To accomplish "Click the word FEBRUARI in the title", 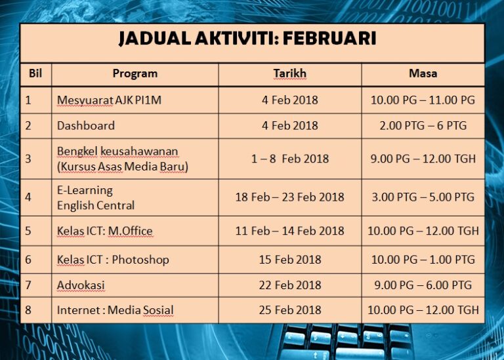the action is [329, 38].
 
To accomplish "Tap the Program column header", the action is [135, 74].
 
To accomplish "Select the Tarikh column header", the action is [290, 73].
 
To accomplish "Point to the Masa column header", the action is [423, 73].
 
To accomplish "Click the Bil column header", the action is [35, 73].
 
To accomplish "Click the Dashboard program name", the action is [86, 125].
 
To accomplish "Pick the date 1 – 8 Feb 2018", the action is [290, 159].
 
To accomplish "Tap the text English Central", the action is [96, 205].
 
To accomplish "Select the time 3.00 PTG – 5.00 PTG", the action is [423, 197].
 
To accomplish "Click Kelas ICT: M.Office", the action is [105, 231].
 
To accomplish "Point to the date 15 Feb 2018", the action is [290, 260].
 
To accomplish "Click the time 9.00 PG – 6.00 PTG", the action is [423, 285].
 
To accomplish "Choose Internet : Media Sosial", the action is [115, 310].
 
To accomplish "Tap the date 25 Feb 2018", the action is [290, 310].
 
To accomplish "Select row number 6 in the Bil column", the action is [28, 260].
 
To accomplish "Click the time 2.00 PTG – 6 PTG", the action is [423, 125].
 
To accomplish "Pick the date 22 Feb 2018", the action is [290, 285].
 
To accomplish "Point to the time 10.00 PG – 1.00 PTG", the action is [423, 260].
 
